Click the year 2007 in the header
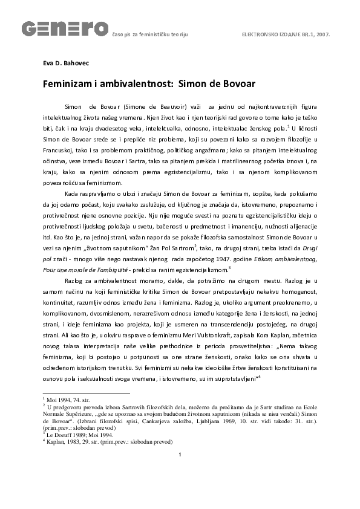click(x=321, y=34)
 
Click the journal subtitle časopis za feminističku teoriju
click(x=149, y=34)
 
